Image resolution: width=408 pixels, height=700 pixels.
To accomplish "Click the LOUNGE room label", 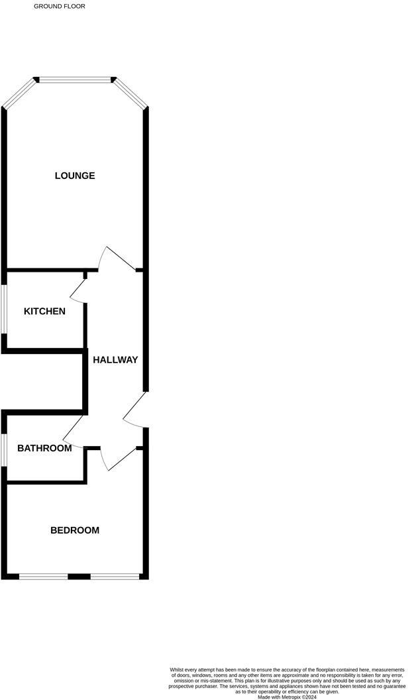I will pyautogui.click(x=75, y=176).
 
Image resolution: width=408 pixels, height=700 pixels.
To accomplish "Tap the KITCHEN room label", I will pyautogui.click(x=44, y=312).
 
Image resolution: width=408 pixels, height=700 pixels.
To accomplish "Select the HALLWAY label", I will pyautogui.click(x=115, y=360).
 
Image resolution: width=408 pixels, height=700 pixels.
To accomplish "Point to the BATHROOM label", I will pyautogui.click(x=44, y=449).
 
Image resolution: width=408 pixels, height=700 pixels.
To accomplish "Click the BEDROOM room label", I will pyautogui.click(x=75, y=530).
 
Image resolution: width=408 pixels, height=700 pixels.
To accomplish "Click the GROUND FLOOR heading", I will pyautogui.click(x=60, y=6).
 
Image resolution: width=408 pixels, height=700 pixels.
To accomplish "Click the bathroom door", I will pyautogui.click(x=74, y=431).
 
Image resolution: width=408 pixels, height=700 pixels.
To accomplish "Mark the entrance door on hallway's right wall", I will pyautogui.click(x=134, y=410).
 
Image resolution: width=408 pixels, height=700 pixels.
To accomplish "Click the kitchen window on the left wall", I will pyautogui.click(x=3, y=310).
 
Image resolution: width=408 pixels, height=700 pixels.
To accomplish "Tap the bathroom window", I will pyautogui.click(x=3, y=450).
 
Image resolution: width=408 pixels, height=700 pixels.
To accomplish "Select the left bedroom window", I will pyautogui.click(x=44, y=576).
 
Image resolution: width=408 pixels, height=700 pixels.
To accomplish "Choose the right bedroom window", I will pyautogui.click(x=115, y=576).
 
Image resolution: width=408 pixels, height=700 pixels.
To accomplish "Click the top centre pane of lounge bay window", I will pyautogui.click(x=75, y=80).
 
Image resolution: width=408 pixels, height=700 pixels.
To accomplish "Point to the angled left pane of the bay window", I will pyautogui.click(x=18, y=93).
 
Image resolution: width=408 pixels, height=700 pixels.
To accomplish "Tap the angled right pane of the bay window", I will pyautogui.click(x=131, y=93).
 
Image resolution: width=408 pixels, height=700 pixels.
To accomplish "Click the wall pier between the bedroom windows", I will pyautogui.click(x=79, y=576).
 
